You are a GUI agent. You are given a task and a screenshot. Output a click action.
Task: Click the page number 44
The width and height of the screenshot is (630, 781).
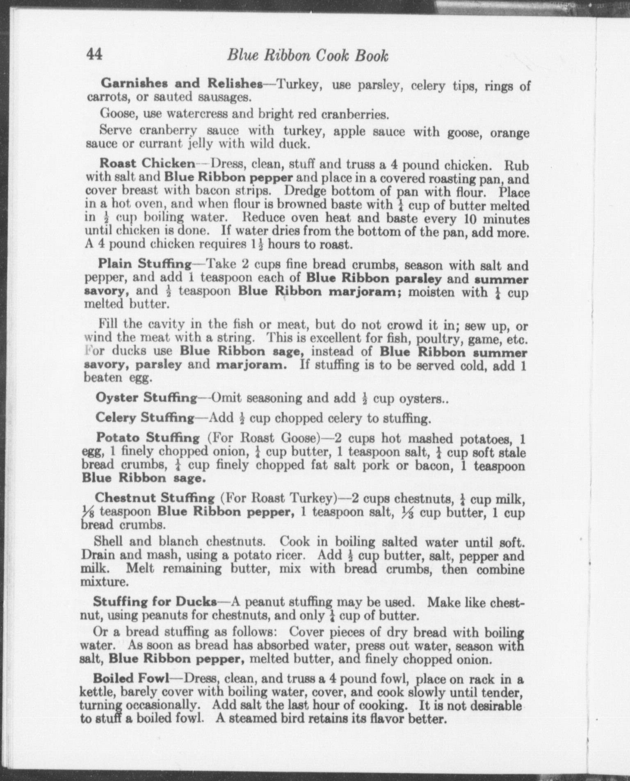[94, 55]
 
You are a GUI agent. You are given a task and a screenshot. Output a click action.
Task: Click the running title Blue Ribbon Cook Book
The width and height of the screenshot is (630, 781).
[308, 55]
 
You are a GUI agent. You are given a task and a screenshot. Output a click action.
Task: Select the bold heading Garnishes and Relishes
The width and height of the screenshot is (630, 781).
[182, 83]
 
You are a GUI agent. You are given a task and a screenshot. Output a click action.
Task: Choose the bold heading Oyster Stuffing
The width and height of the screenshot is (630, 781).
[146, 397]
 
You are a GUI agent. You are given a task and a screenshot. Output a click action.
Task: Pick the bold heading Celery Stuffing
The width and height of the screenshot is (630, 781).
[145, 418]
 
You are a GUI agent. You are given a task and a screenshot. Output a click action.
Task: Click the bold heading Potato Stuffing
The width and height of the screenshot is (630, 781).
[148, 438]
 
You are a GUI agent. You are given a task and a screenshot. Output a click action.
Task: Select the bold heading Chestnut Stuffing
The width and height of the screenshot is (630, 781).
[155, 498]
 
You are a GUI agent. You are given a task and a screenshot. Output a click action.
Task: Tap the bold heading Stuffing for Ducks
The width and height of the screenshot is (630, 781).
[155, 602]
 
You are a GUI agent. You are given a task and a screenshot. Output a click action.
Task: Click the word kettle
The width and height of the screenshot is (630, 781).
[98, 692]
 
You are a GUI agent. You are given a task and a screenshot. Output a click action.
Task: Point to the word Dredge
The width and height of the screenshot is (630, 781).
[303, 191]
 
